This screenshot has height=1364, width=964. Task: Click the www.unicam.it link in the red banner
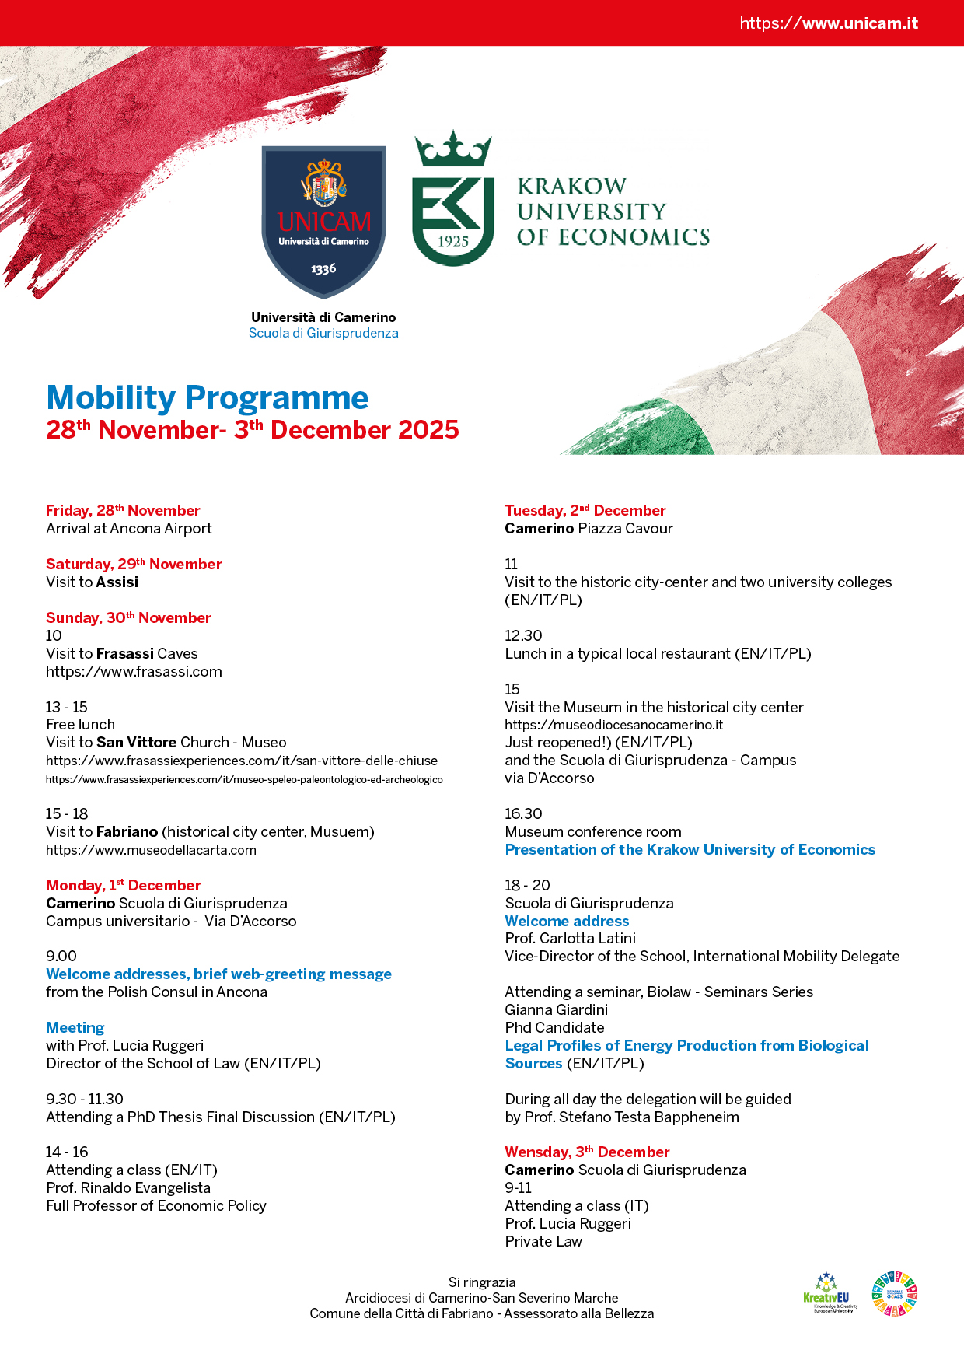829,23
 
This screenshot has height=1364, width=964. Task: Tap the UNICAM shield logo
323,221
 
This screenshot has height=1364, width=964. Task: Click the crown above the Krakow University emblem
453,149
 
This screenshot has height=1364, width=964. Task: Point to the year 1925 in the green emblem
453,241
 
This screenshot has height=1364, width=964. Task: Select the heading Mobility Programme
208,397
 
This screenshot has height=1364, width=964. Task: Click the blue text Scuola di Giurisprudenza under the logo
323,333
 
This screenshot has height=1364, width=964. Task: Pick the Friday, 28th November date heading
123,510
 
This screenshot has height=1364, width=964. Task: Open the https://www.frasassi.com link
134,671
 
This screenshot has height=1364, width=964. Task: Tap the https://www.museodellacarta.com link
151,850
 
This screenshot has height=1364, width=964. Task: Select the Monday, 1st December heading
123,885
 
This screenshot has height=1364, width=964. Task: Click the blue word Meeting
75,1027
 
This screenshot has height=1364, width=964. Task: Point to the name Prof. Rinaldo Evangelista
128,1187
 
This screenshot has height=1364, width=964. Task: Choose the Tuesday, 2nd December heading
585,510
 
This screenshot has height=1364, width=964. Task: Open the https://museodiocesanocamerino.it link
613,725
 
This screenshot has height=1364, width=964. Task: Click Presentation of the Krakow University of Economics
690,849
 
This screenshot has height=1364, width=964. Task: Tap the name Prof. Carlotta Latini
570,938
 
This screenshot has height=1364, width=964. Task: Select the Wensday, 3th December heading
587,1152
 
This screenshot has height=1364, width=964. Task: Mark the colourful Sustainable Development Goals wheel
894,1294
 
